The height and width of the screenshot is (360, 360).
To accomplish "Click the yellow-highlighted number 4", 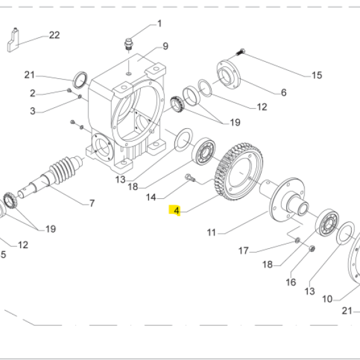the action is pos(176,210).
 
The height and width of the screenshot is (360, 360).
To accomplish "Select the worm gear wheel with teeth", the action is pos(239,172).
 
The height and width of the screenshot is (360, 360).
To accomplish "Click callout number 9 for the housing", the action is pos(165,46).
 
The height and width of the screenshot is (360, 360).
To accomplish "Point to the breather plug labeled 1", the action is pos(128,44).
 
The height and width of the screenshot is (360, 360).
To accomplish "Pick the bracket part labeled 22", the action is pos(13,40).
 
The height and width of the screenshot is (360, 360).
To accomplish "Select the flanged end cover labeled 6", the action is pos(229,75).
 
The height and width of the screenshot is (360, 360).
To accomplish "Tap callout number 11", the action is pos(212,232).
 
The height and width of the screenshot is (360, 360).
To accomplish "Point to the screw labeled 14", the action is pos(190,177).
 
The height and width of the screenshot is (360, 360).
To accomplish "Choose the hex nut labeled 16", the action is pos(312,248).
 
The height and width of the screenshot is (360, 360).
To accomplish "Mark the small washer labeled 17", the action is pos(297,241).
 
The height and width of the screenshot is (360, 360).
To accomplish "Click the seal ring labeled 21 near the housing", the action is pos(80,80).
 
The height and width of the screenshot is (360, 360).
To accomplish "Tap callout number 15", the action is pos(317,75).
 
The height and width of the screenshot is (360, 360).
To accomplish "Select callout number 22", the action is pos(54,35).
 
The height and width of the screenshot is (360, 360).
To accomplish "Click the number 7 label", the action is pos(92,203).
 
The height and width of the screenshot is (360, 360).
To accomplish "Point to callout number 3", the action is pos(33,111).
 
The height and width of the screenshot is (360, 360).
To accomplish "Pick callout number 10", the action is pos(327,299).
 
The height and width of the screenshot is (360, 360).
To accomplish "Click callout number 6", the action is pos(284,92).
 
